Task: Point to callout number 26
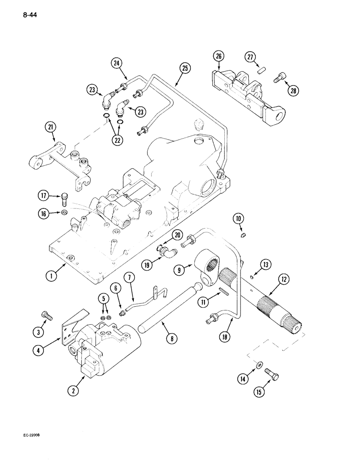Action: (218, 57)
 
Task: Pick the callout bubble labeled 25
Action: (185, 68)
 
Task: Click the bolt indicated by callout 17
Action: (64, 200)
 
